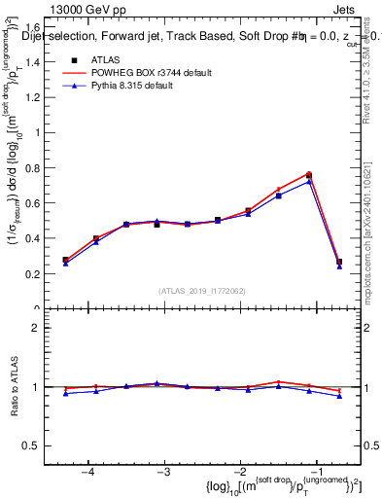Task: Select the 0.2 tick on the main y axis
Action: (39, 274)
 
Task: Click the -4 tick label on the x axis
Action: (88, 472)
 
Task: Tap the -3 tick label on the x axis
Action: (164, 472)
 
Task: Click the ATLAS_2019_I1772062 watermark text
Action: (202, 291)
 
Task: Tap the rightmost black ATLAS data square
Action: (339, 262)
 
